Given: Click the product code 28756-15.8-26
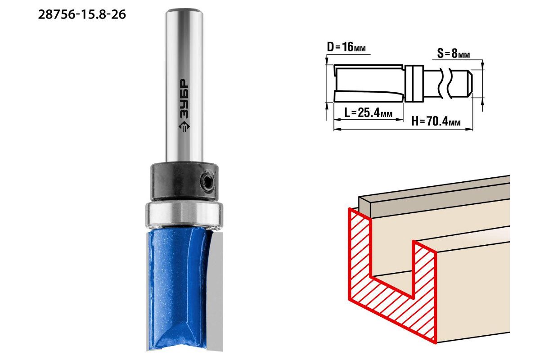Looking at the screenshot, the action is coord(82,15).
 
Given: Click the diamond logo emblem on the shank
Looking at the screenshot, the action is coord(184,126).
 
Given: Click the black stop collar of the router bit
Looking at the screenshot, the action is coord(184,181).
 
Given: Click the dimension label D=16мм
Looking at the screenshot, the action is coord(346,47).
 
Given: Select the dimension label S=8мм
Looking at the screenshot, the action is coord(454,53).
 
